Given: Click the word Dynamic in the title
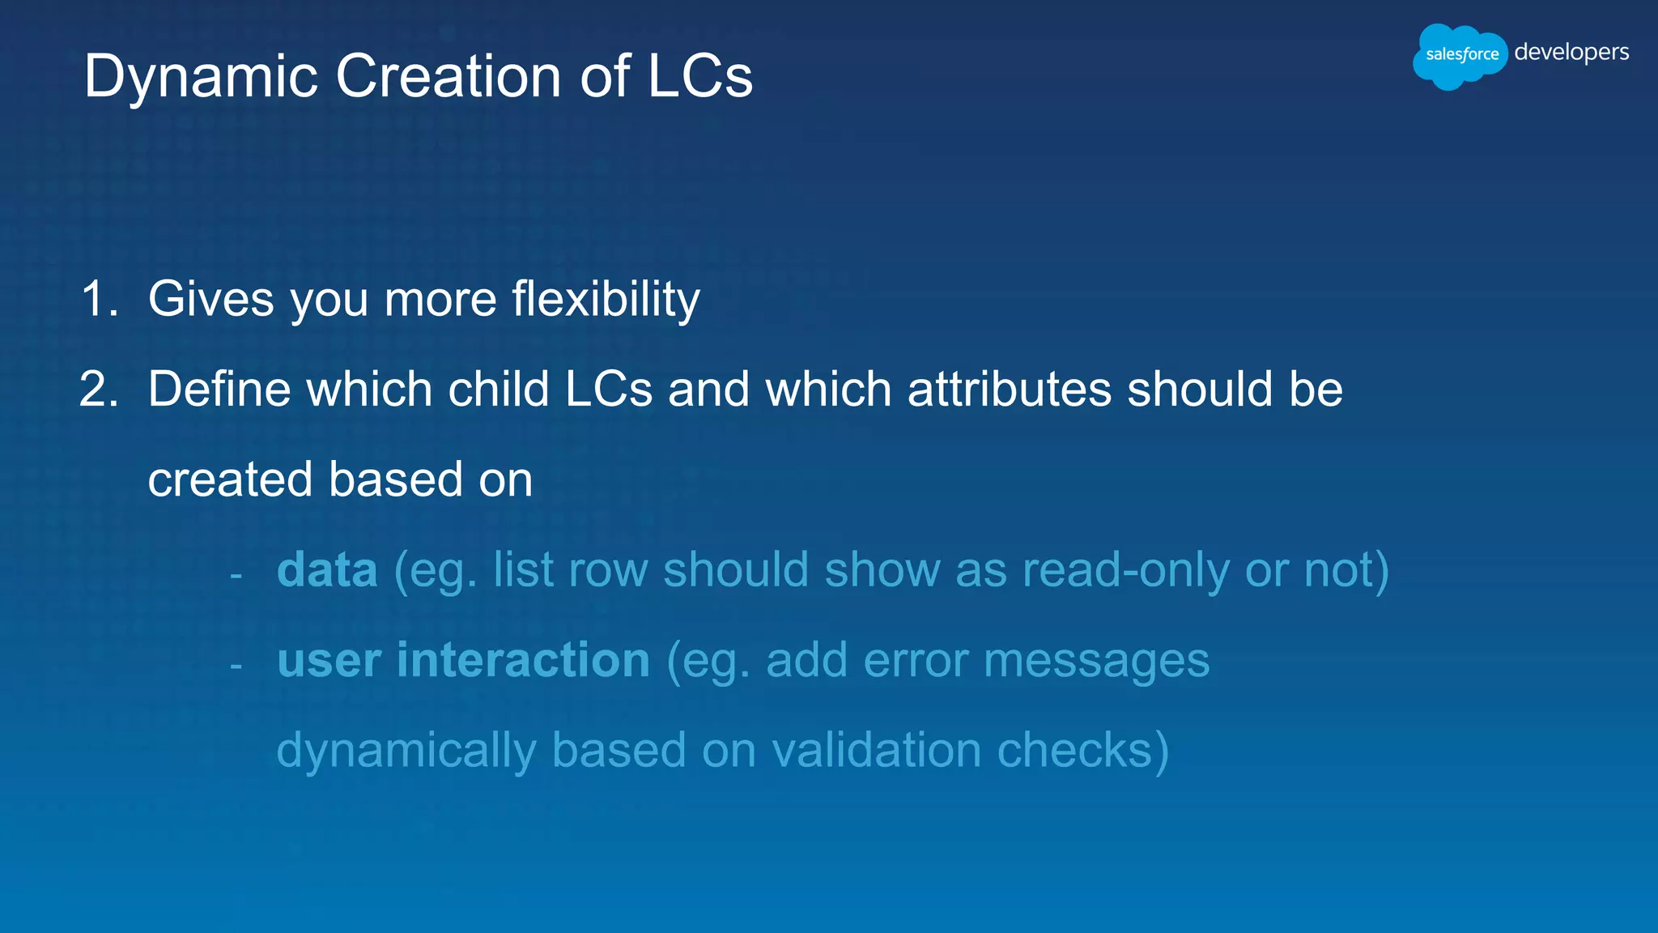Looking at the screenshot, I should (x=201, y=78).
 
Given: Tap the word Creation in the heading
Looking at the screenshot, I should (x=449, y=76).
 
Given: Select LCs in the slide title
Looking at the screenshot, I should (x=700, y=76).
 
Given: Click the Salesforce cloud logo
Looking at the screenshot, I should (x=1460, y=55).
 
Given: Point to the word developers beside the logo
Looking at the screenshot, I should (x=1571, y=53).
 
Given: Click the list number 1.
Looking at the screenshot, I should (x=99, y=299).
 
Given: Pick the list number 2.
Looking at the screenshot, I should (x=99, y=390).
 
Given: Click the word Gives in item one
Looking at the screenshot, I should (x=211, y=299).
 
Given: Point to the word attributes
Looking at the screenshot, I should (x=1009, y=390).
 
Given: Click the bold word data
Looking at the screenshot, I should (x=327, y=570).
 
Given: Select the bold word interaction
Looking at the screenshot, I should (x=523, y=660).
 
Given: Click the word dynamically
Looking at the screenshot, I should (x=406, y=751).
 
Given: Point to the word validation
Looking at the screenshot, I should (x=876, y=750).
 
